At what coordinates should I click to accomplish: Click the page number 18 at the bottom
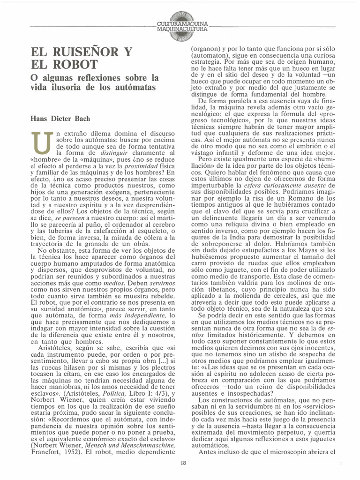[183, 464]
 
